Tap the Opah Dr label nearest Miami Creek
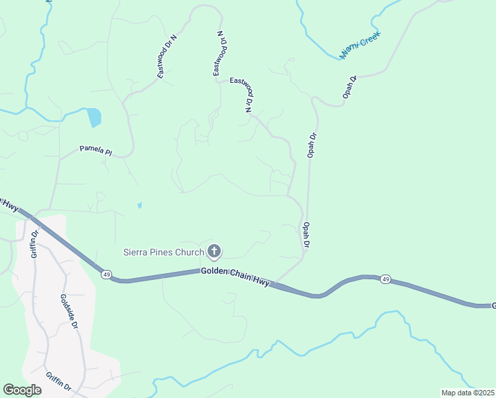pos(350,88)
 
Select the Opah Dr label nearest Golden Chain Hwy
pos(306,235)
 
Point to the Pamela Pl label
pos(95,151)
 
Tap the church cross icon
pos(214,251)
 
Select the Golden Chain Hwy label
pos(235,277)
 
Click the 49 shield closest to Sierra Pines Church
pos(105,274)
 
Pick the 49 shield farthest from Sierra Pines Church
pos(386,280)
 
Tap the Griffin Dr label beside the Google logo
pos(59,383)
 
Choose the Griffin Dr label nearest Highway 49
pos(34,243)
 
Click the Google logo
pos(22,390)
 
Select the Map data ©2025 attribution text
pos(467,393)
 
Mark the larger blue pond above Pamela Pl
pos(94,117)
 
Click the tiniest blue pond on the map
pos(139,206)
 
